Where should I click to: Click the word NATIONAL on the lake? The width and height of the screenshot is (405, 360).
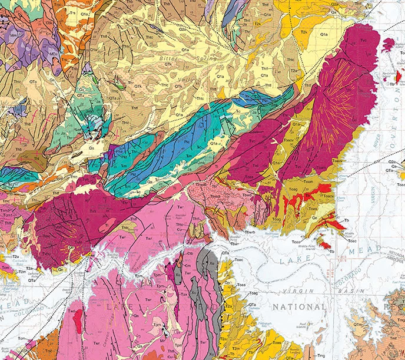(x=298, y=307)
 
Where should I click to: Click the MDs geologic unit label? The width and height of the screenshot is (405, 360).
(x=53, y=54)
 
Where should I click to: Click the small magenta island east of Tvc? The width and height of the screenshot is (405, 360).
(x=388, y=44)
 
